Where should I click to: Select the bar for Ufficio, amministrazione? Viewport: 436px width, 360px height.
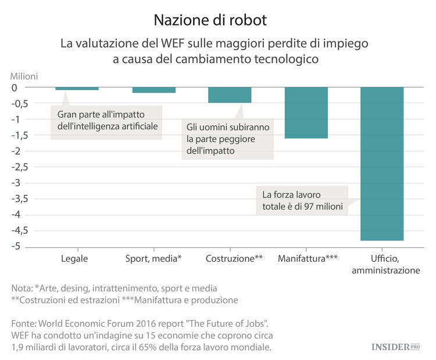(382, 163)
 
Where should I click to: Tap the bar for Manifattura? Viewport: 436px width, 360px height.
(306, 113)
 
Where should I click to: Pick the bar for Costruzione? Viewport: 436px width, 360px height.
(230, 95)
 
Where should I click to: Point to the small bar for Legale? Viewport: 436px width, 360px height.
(77, 89)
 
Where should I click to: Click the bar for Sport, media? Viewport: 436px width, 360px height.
(153, 90)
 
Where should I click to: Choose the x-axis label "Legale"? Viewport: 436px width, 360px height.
(74, 258)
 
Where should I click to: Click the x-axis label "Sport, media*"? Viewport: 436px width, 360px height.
(153, 258)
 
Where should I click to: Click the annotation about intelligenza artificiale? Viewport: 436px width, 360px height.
(108, 120)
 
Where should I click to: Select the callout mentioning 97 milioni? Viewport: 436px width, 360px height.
(302, 201)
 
